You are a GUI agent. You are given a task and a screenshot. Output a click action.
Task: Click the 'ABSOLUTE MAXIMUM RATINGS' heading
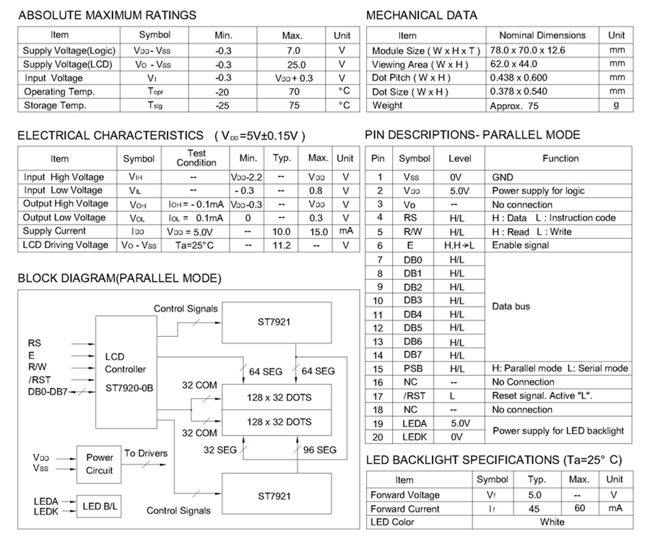click(106, 15)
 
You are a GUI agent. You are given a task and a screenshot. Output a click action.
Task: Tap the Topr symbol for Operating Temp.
click(155, 92)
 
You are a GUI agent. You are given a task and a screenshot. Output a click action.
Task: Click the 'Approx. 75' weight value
click(514, 105)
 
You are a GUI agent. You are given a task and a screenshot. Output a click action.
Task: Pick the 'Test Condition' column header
click(196, 158)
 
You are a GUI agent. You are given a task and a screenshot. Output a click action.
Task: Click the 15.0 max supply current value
click(318, 232)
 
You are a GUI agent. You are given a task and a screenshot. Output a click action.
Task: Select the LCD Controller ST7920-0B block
click(124, 372)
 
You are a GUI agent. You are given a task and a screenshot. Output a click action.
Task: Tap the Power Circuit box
click(100, 464)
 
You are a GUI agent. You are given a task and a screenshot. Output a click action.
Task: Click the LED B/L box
click(100, 507)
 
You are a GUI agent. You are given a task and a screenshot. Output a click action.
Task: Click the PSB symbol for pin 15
click(413, 369)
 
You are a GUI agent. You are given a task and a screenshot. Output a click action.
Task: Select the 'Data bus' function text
click(511, 307)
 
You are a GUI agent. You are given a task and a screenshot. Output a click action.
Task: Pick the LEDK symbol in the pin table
click(415, 437)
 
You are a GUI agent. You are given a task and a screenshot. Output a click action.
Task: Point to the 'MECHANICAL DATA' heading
click(422, 15)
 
